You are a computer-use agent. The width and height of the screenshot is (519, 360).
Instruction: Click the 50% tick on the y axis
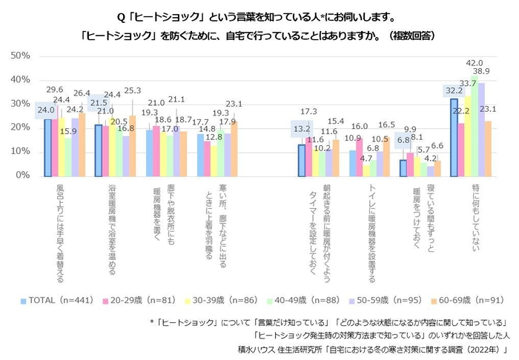click(x=19, y=56)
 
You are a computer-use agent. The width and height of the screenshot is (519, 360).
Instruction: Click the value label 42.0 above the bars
click(x=474, y=63)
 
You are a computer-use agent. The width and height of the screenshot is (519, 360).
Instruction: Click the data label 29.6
click(x=55, y=89)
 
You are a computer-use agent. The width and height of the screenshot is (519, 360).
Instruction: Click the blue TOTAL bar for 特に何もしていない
click(x=454, y=138)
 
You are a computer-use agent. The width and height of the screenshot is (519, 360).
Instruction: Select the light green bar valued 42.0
click(x=474, y=126)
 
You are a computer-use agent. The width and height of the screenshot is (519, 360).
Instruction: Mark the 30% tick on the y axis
click(x=19, y=104)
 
